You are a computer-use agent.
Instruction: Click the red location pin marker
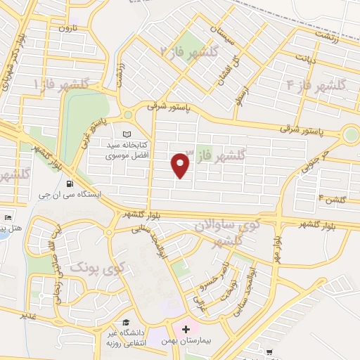pyautogui.click(x=181, y=166)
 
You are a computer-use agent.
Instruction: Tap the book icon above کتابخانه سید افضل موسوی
pyautogui.click(x=127, y=134)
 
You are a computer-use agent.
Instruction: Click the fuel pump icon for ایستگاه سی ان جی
pyautogui.click(x=70, y=184)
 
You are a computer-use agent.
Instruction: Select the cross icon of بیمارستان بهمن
pyautogui.click(x=185, y=328)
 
